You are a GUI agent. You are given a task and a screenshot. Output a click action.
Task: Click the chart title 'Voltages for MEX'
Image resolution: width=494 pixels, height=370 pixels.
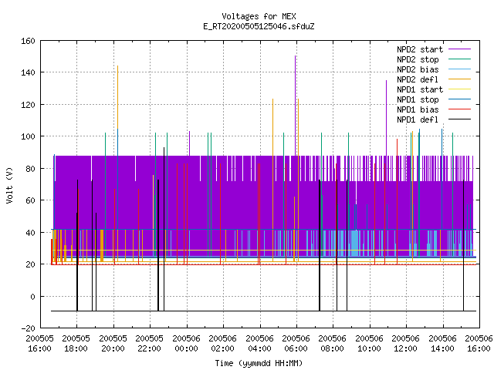[x=259, y=16]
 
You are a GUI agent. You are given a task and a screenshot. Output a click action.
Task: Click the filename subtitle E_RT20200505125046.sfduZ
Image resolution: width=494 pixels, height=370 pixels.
[x=259, y=26]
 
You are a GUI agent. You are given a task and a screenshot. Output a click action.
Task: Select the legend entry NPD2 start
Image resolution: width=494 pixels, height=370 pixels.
[x=434, y=49]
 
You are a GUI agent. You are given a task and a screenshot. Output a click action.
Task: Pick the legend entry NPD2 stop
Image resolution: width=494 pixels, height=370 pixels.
[x=434, y=59]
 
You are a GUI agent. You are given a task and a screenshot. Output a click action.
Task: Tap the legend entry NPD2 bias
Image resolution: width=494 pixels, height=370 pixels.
[x=434, y=69]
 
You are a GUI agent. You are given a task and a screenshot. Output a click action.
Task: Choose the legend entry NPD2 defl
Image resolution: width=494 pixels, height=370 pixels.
[x=434, y=79]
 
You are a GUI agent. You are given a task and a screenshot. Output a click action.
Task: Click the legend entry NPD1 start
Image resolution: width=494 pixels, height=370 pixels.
[x=434, y=89]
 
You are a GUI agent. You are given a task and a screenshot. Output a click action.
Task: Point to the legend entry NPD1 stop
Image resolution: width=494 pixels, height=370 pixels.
[x=434, y=99]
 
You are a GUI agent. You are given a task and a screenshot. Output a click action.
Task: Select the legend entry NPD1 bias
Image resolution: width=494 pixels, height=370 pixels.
[x=434, y=109]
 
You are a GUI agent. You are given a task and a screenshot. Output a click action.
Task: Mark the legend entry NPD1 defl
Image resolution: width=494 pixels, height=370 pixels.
[x=434, y=119]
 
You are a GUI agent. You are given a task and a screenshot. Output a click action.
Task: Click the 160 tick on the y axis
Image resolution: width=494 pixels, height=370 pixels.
[x=28, y=41]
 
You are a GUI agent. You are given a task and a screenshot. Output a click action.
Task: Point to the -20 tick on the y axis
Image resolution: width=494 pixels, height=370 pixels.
[x=28, y=328]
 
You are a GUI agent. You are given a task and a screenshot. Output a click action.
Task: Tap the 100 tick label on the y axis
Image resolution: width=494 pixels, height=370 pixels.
[x=28, y=136]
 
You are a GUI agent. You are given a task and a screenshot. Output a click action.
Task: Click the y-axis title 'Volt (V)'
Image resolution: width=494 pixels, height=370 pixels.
[x=9, y=185]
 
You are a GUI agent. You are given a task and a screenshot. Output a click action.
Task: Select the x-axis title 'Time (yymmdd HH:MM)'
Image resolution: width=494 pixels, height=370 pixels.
[x=259, y=363]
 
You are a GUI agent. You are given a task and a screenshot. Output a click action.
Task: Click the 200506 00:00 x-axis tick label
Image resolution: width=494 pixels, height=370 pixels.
[x=186, y=343]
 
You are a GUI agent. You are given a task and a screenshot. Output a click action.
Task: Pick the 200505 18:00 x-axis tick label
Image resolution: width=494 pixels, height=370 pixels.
[x=76, y=343]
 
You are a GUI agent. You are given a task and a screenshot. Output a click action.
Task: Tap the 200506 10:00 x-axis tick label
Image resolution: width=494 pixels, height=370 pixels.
[x=369, y=343]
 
